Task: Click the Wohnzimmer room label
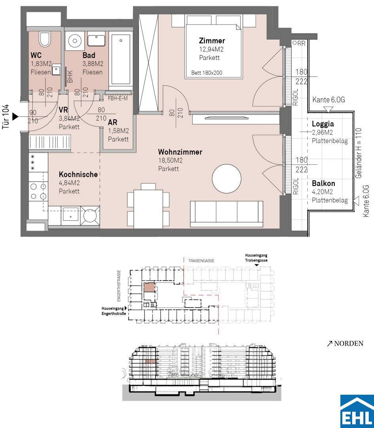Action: tap(180, 152)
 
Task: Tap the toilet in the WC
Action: tap(45, 39)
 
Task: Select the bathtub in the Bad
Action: tap(121, 59)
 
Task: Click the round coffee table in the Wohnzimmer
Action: tap(226, 178)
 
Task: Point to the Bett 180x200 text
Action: tap(207, 73)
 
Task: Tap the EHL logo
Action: tap(357, 411)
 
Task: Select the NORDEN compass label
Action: tap(345, 343)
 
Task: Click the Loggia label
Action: tap(323, 124)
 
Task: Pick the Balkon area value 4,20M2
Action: tap(322, 192)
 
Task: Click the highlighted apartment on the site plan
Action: tap(149, 288)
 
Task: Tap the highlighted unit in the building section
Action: tap(151, 361)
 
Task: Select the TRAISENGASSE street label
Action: tap(201, 261)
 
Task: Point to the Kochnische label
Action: tap(78, 174)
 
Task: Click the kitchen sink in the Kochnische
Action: tap(70, 216)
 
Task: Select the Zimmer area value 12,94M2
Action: tap(211, 50)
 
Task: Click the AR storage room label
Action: tap(112, 122)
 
